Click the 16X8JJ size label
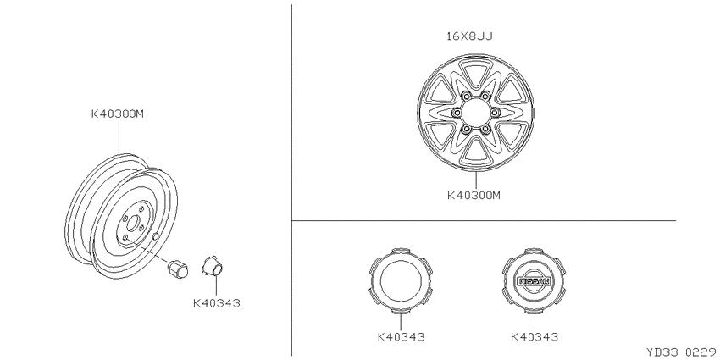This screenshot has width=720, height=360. tap(470, 36)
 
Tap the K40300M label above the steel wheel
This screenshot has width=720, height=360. tap(118, 114)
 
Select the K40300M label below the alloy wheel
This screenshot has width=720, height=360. tap(474, 195)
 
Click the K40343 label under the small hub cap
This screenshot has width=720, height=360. tap(217, 303)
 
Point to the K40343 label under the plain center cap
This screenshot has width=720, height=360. tap(402, 336)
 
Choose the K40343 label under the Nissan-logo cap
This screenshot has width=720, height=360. tap(534, 336)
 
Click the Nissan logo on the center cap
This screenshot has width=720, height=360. tap(534, 280)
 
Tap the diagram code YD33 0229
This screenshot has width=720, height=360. tap(682, 352)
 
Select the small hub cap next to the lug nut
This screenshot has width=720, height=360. tap(212, 266)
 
